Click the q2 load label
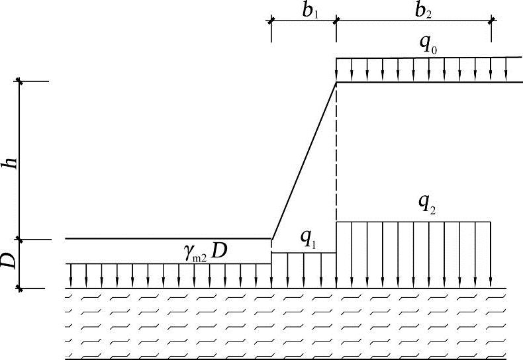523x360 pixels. [428, 205]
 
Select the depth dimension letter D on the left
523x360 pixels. [9, 263]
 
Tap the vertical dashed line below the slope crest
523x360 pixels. [336, 152]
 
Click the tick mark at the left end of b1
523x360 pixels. [271, 21]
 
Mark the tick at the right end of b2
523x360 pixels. [491, 21]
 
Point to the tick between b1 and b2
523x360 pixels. [336, 21]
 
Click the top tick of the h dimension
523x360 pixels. [21, 81]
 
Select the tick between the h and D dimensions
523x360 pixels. [21, 239]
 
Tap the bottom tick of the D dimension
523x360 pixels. [21, 289]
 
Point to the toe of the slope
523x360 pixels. [271, 239]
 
